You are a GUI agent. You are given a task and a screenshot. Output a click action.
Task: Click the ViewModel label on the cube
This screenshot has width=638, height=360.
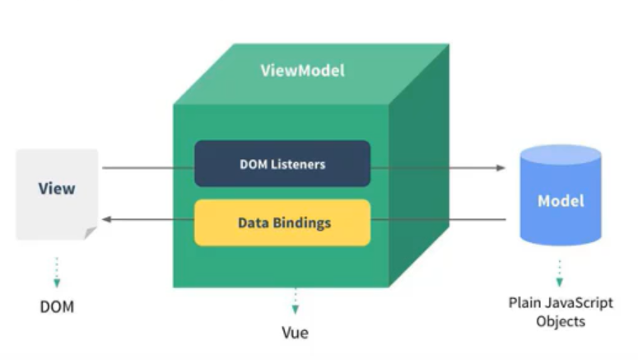pos(302,70)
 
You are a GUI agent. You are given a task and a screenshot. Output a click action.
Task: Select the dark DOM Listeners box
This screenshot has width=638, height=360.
pos(282,163)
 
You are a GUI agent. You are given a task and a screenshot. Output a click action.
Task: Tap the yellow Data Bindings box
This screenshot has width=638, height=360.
pos(282,222)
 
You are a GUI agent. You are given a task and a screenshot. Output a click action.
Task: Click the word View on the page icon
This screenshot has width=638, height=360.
pos(56,189)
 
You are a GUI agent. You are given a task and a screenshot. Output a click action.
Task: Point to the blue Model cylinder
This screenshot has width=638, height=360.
pos(560,200)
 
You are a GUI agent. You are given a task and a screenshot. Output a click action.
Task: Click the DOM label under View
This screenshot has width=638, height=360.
pos(57,306)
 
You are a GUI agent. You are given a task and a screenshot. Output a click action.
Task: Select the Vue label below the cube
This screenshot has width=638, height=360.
pos(294,334)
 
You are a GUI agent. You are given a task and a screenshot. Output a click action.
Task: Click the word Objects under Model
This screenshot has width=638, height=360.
pos(560,321)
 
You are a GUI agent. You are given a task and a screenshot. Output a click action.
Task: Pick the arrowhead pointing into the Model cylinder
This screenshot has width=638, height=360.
pos(501,168)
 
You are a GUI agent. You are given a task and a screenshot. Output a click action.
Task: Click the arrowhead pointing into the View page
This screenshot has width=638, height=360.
pos(107,219)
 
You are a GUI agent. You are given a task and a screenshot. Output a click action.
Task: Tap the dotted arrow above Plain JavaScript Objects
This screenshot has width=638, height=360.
pos(560,272)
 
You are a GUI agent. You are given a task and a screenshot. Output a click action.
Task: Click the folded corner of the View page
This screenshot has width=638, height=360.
pos(90,234)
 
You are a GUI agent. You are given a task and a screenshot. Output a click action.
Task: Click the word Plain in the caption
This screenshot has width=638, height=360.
pos(524,303)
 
